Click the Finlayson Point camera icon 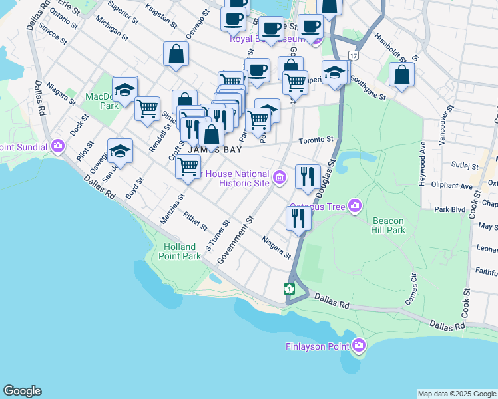coord(359,345)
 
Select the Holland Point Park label coord(182,251)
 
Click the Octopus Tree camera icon coord(354,207)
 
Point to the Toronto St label coord(315,140)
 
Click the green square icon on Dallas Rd coord(290,289)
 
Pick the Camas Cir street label coord(411,290)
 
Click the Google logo coord(22,391)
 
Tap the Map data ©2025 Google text coord(457,394)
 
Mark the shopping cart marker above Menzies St coord(188,166)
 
